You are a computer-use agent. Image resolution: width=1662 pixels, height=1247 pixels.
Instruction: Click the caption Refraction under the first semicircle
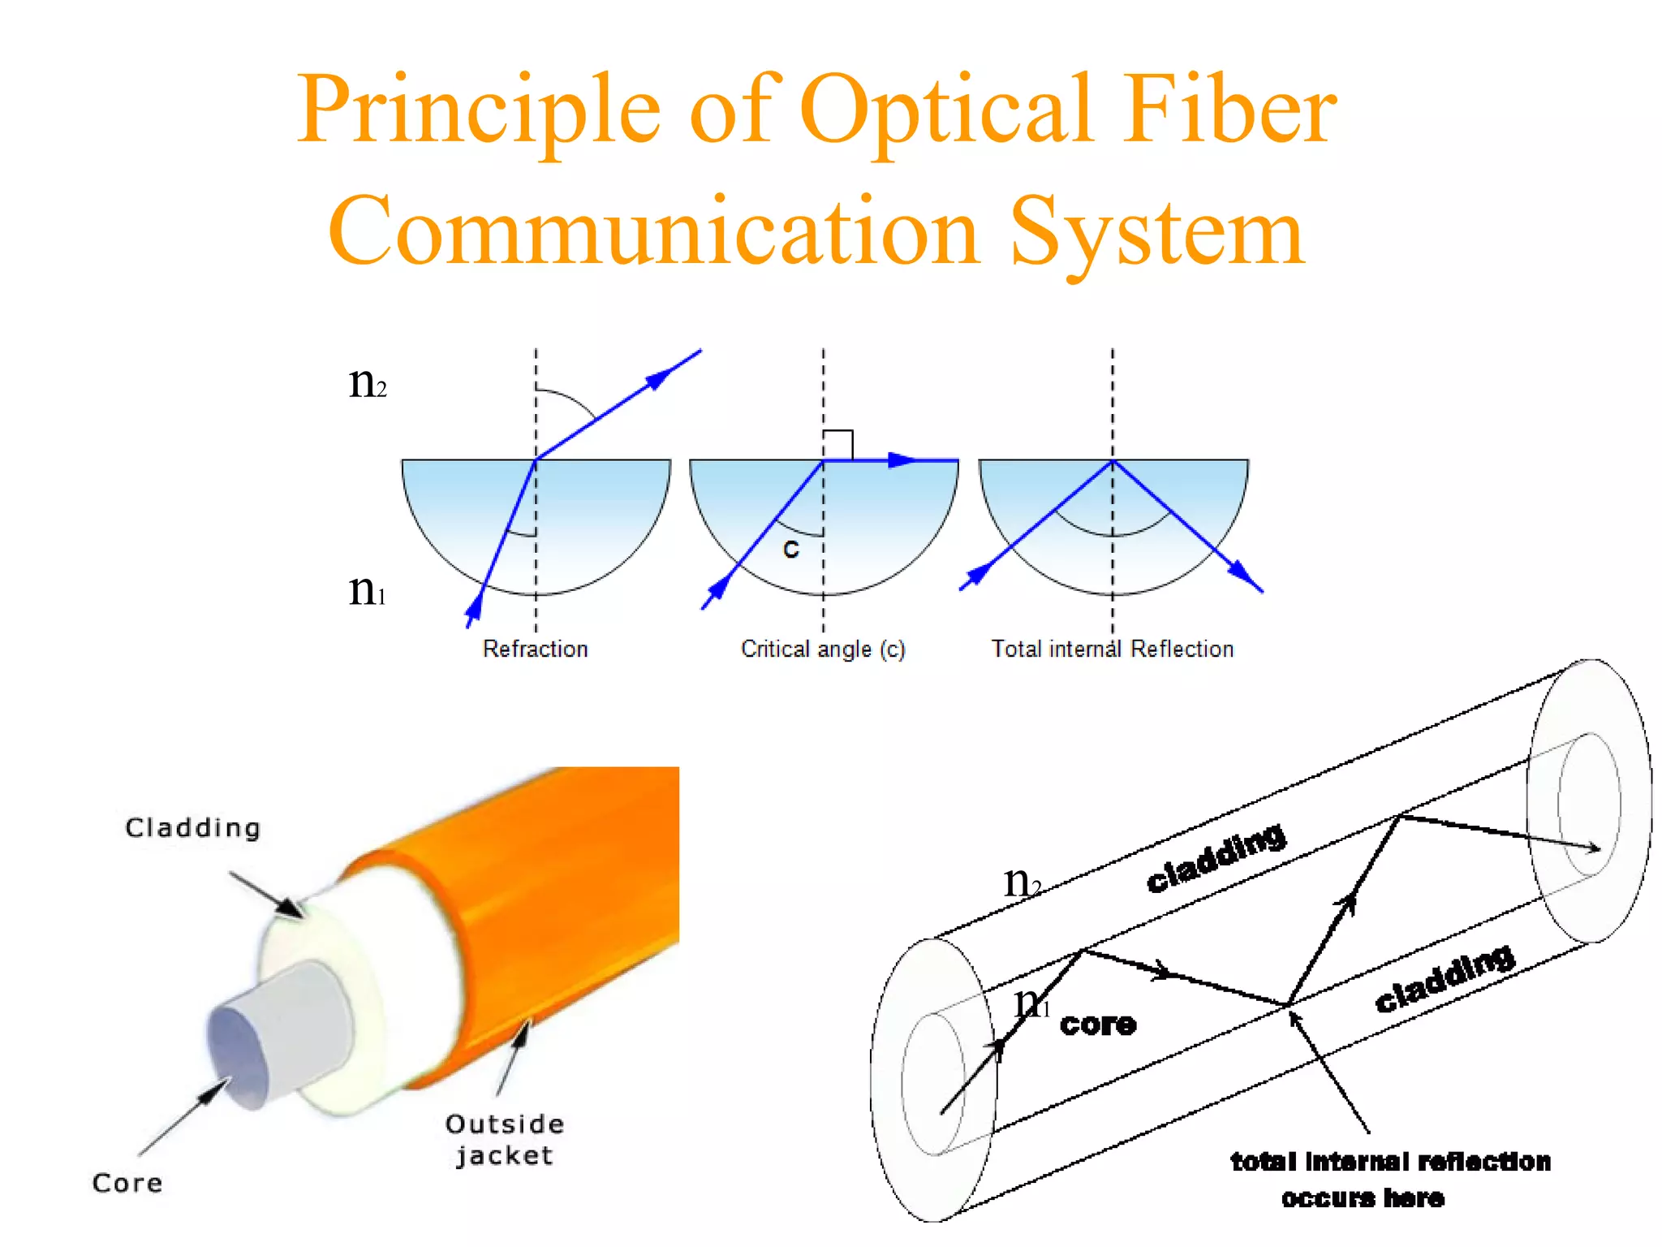(535, 649)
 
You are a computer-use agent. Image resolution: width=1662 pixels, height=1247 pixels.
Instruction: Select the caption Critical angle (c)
(823, 649)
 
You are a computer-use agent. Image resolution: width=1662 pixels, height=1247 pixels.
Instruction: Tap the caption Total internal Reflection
(1112, 649)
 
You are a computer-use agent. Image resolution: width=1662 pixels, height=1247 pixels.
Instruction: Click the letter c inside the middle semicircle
(790, 550)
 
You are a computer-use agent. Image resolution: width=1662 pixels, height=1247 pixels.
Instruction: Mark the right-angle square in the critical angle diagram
(838, 445)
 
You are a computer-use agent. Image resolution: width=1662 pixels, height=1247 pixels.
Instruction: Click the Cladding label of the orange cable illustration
(193, 827)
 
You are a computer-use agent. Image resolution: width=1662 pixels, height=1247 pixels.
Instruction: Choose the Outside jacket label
(504, 1139)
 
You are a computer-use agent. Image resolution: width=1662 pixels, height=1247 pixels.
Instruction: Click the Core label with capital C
(127, 1183)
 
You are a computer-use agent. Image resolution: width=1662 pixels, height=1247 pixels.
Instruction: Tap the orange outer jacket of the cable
(568, 893)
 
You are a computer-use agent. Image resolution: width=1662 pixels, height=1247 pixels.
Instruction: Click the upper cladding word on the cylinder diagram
(1215, 857)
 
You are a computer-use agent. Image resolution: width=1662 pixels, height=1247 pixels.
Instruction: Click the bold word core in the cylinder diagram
(1098, 1025)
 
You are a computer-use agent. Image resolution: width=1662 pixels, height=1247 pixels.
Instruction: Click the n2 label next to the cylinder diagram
(1022, 882)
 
